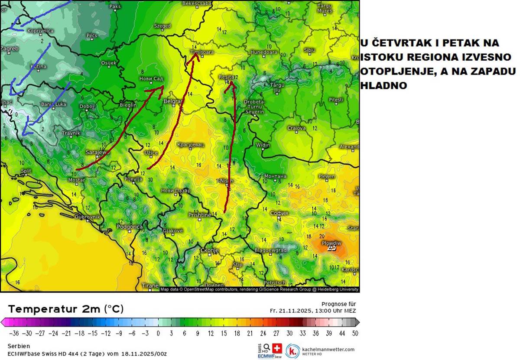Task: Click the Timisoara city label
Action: click(202, 52)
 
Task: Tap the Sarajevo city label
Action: click(97, 152)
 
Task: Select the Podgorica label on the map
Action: click(130, 227)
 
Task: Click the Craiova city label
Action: click(296, 128)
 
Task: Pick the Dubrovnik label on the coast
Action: click(88, 217)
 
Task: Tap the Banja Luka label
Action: click(54, 104)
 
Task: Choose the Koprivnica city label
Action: click(40, 31)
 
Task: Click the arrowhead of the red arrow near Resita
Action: click(231, 83)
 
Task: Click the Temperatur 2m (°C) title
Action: click(66, 309)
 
